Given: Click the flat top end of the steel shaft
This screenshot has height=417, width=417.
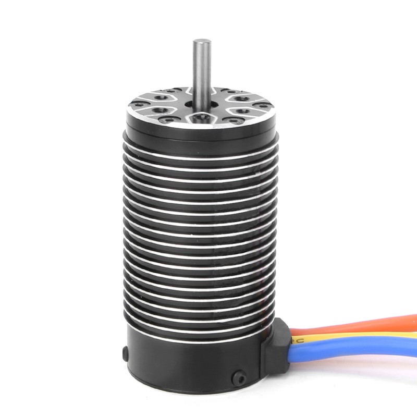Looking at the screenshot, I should pos(201,40).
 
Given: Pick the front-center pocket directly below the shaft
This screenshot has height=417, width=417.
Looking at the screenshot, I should pos(200,119).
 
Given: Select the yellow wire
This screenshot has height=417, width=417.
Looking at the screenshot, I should pos(360,334).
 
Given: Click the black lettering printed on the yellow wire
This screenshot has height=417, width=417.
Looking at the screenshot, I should pos(297,339).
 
